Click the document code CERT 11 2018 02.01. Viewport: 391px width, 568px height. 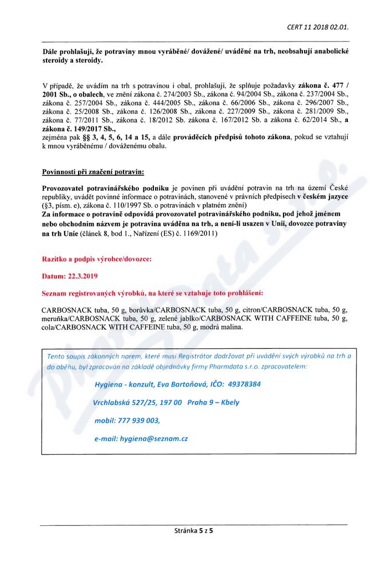(317, 26)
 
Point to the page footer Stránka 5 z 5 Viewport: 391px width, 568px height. (194, 531)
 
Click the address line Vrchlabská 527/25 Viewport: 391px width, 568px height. (122, 402)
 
